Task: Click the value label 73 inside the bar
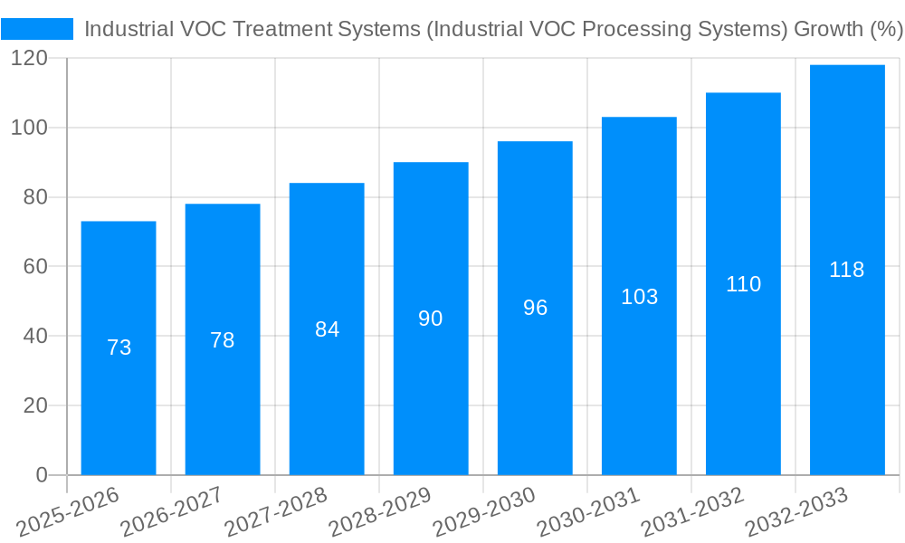[x=119, y=348]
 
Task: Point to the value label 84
[x=327, y=329]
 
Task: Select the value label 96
[x=535, y=308]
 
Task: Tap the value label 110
[x=743, y=284]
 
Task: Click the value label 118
[x=847, y=270]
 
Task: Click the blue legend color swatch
[x=37, y=29]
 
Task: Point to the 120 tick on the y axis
[x=29, y=59]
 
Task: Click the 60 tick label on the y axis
[x=34, y=267]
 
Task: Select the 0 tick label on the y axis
[x=41, y=475]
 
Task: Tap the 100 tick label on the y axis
[x=29, y=128]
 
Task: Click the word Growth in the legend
[x=827, y=29]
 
